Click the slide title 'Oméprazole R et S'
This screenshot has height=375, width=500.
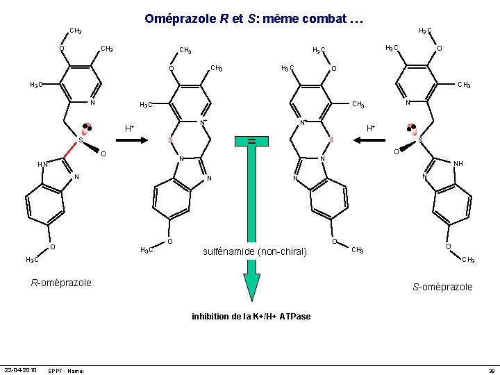point(253,19)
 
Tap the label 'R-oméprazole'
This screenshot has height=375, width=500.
point(60,283)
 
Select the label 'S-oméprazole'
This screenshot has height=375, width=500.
point(442,287)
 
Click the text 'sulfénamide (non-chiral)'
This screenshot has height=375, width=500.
point(254,251)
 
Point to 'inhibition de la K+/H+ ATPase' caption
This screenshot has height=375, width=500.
point(251,317)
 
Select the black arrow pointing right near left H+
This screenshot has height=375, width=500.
point(130,140)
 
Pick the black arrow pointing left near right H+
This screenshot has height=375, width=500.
point(373,140)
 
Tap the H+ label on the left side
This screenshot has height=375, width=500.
point(130,128)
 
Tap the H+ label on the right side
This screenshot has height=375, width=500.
point(372,128)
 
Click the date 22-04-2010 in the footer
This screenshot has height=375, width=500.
point(21,369)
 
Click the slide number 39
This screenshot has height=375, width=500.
point(490,370)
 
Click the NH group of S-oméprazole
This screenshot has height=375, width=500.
point(457,165)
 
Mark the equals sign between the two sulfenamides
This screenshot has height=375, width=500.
point(252,142)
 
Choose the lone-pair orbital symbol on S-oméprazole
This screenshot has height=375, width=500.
point(412,128)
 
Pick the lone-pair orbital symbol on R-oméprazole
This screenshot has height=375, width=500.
point(87,128)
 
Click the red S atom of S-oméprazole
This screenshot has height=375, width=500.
point(420,140)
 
